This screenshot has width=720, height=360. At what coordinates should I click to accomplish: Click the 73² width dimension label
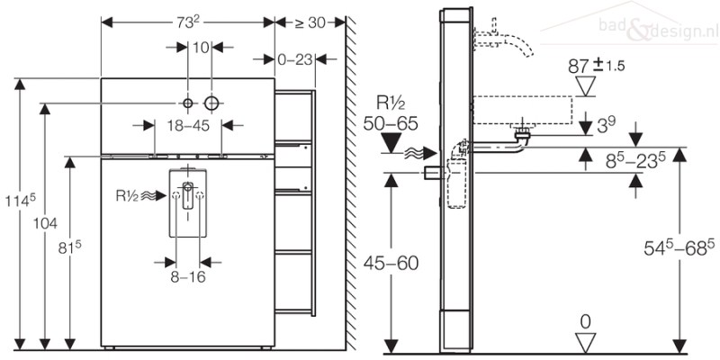pos(188,21)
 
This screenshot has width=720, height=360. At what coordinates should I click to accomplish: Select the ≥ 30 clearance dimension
pos(310,22)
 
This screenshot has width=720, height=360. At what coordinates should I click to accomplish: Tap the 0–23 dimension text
pos(295,59)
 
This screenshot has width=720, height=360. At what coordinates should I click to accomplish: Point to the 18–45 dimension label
pos(188,125)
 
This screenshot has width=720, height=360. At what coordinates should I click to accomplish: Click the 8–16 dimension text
pos(188,277)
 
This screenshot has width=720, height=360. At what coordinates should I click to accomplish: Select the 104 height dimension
pos(45,223)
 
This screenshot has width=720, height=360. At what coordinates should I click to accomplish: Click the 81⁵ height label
pos(70,248)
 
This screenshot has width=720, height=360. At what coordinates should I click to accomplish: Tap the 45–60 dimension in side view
pos(391,263)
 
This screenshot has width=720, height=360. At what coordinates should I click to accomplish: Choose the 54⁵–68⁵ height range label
pos(679,248)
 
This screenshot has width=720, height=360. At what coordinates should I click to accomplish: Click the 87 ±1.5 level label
pos(596,66)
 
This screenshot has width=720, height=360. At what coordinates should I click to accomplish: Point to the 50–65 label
pos(391,123)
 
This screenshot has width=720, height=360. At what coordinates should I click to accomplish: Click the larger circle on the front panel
pos(211,103)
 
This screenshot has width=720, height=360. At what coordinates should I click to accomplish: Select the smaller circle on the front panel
pos(188,103)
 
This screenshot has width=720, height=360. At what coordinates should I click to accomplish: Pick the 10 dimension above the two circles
pos(200,47)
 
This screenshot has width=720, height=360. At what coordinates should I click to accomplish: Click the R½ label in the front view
pos(127,196)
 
